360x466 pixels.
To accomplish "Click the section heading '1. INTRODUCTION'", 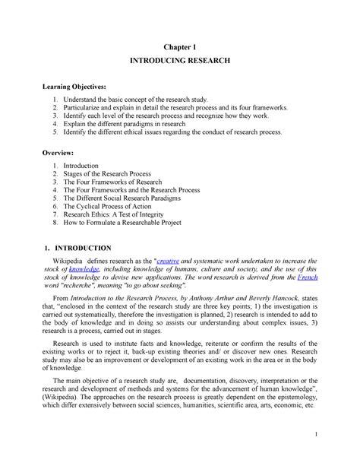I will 76,248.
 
